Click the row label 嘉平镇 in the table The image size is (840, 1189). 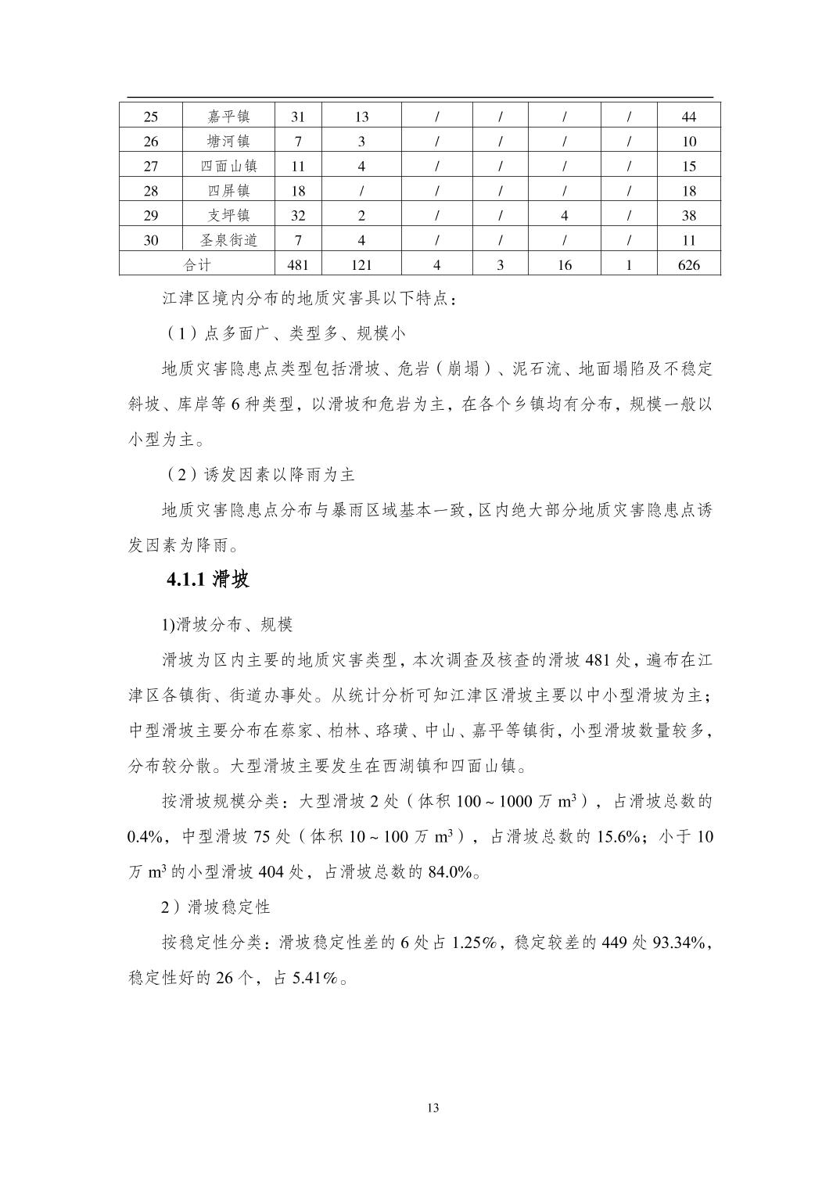click(x=228, y=117)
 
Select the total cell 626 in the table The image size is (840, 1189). click(x=688, y=265)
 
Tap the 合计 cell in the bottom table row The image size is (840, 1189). click(x=197, y=265)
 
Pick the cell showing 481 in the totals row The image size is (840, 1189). click(x=298, y=265)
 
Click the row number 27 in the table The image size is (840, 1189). click(x=151, y=166)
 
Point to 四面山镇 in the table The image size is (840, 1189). click(x=228, y=166)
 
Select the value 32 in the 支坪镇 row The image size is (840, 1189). click(x=298, y=216)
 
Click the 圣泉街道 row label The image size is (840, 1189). click(x=228, y=240)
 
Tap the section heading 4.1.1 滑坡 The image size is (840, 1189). click(x=208, y=580)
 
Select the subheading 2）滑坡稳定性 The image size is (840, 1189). click(x=216, y=907)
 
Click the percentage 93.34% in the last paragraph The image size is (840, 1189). click(x=681, y=943)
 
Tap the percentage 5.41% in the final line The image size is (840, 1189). click(x=316, y=978)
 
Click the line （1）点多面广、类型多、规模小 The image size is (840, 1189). click(x=285, y=333)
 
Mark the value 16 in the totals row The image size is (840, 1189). click(x=564, y=265)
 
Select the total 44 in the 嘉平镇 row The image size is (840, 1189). click(x=688, y=117)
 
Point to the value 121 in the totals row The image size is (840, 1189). click(x=361, y=265)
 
